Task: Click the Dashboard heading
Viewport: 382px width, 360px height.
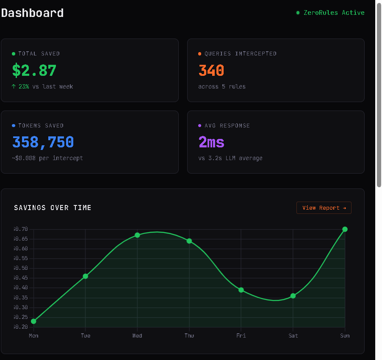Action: (33, 13)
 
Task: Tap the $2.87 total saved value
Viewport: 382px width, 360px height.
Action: (34, 70)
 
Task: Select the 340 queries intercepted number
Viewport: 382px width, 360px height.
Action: (211, 70)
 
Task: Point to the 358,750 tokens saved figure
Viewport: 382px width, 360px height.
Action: (43, 142)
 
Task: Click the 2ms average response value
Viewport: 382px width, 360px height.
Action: (211, 142)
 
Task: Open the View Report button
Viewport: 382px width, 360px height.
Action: (324, 208)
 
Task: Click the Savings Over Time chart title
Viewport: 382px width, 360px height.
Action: (53, 208)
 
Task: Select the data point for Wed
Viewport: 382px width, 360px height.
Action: (137, 235)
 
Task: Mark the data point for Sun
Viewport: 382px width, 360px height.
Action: (345, 229)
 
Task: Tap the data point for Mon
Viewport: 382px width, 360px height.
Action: (33, 321)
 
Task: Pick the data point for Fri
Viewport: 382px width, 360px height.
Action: (241, 290)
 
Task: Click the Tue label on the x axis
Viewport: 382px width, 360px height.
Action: (86, 336)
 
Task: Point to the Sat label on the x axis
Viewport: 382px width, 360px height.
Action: (293, 336)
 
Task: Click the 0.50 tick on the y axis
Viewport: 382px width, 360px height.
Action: (21, 268)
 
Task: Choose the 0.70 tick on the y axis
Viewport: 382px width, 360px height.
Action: (21, 229)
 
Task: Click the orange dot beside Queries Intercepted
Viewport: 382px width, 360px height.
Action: (200, 54)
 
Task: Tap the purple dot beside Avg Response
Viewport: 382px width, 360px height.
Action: (200, 126)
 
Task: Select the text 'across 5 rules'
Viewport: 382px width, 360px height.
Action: (222, 86)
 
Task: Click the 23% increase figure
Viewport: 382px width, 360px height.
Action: (24, 86)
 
